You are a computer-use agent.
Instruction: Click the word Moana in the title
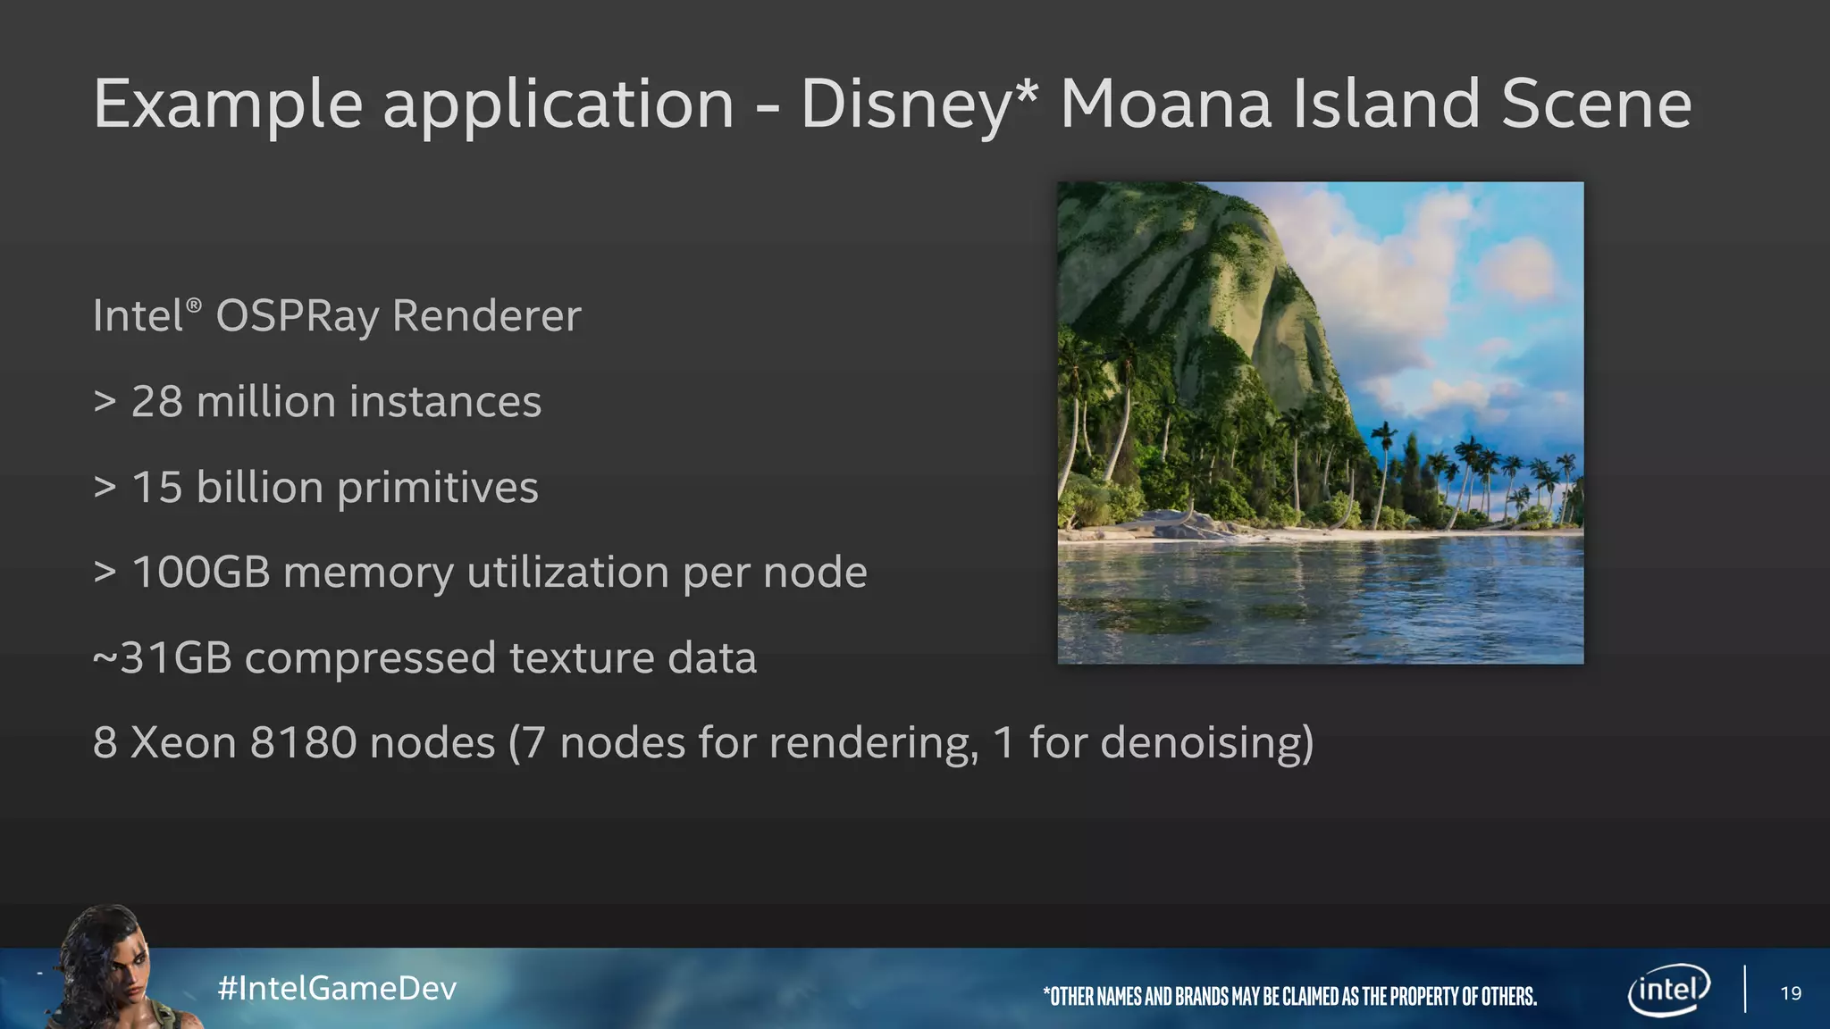click(x=1165, y=104)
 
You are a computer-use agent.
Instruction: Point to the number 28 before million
click(x=157, y=402)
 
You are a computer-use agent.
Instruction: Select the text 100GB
click(x=201, y=573)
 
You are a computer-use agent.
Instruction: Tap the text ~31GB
click(x=163, y=658)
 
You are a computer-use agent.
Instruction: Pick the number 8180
click(x=304, y=743)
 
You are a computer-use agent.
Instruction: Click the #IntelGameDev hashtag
click(x=337, y=988)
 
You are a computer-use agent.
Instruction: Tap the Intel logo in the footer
click(x=1668, y=990)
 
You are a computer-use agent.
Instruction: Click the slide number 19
click(x=1791, y=993)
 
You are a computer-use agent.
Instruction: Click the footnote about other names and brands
click(x=1289, y=996)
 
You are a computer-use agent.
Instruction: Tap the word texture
click(x=580, y=658)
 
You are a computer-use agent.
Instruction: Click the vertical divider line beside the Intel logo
click(x=1745, y=989)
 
